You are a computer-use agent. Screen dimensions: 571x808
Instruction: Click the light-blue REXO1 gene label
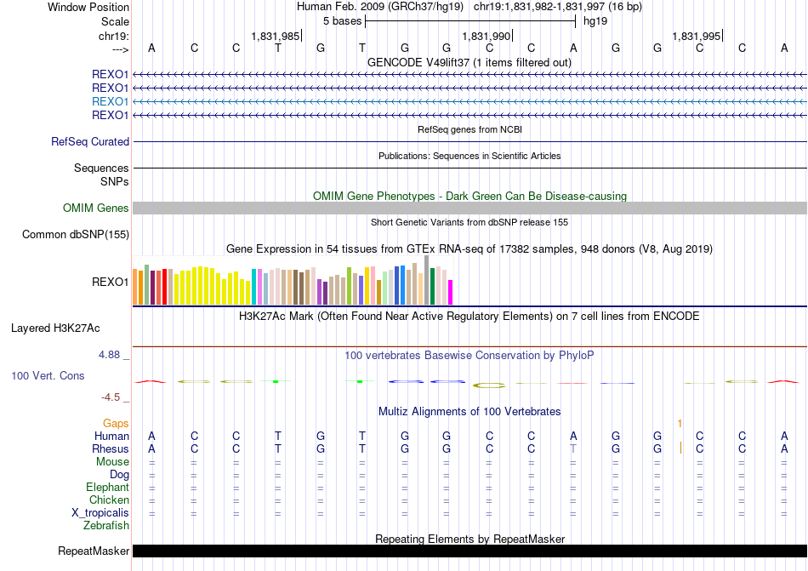pos(110,101)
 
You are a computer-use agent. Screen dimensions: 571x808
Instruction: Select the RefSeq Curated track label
pos(90,142)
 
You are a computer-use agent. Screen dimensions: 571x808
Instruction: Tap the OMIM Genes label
pos(96,208)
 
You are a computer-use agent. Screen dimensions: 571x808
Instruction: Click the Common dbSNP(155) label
pos(76,235)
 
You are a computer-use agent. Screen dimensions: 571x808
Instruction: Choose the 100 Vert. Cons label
pos(48,375)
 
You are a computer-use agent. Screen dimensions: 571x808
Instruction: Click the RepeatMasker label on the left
pos(94,551)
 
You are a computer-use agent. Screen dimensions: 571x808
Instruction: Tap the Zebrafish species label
pos(106,526)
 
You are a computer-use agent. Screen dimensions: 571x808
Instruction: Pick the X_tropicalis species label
pos(100,513)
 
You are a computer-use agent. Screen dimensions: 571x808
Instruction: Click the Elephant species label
pos(107,488)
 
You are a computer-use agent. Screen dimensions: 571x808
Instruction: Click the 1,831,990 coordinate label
pos(487,36)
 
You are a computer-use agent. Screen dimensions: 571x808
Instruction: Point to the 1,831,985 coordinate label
pos(276,36)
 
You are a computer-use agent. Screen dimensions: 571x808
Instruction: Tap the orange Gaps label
pos(116,423)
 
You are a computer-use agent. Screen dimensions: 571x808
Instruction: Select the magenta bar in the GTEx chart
pos(451,292)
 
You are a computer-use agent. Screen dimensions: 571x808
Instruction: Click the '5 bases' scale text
pos(342,21)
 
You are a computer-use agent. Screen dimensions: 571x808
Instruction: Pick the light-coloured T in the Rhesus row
pos(573,448)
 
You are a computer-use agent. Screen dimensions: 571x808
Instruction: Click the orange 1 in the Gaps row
pos(680,423)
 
